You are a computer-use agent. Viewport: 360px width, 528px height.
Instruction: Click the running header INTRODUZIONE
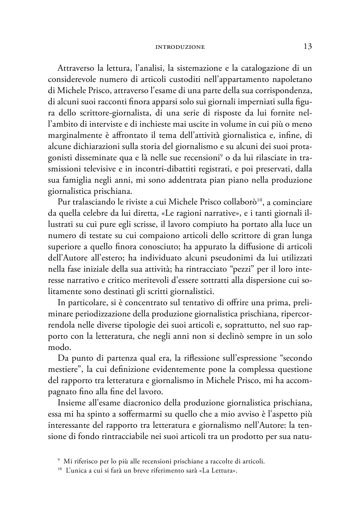pyautogui.click(x=179, y=47)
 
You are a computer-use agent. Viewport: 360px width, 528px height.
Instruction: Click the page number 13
pyautogui.click(x=307, y=46)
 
